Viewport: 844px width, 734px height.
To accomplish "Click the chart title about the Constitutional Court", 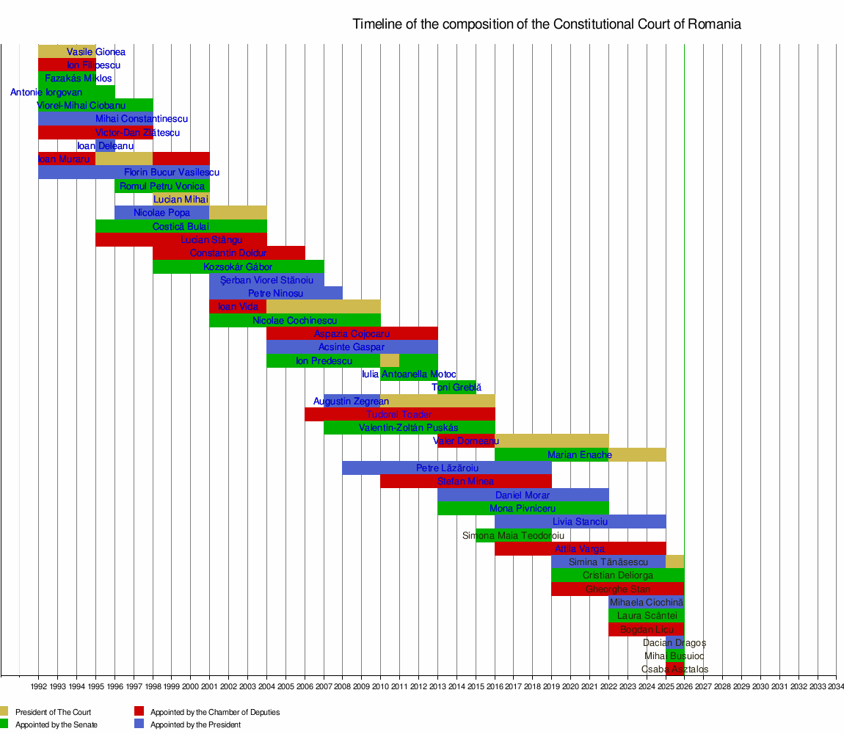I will click(546, 24).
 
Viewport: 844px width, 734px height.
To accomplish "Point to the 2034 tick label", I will click(835, 687).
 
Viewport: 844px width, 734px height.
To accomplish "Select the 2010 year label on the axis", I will click(380, 687).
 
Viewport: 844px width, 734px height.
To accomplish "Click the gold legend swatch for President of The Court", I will click(4, 711).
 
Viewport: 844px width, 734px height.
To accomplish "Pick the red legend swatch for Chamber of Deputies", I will click(139, 711).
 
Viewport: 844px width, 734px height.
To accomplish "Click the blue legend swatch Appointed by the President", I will click(139, 724).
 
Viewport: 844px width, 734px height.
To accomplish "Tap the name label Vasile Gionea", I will click(96, 52).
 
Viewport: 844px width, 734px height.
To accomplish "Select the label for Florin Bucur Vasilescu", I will click(172, 172).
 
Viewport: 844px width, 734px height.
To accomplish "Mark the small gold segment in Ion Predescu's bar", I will click(390, 360).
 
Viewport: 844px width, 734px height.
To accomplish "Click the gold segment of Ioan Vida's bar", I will click(323, 306).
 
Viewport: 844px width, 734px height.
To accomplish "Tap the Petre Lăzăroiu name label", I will click(447, 468).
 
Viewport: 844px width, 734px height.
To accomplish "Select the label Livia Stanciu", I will click(580, 522).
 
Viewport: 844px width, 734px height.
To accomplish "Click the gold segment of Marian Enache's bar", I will click(637, 454).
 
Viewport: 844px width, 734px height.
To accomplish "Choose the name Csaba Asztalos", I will click(674, 669).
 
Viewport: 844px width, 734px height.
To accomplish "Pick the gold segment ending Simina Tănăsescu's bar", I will click(674, 562).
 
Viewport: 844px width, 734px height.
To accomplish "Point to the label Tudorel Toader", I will click(399, 415).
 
